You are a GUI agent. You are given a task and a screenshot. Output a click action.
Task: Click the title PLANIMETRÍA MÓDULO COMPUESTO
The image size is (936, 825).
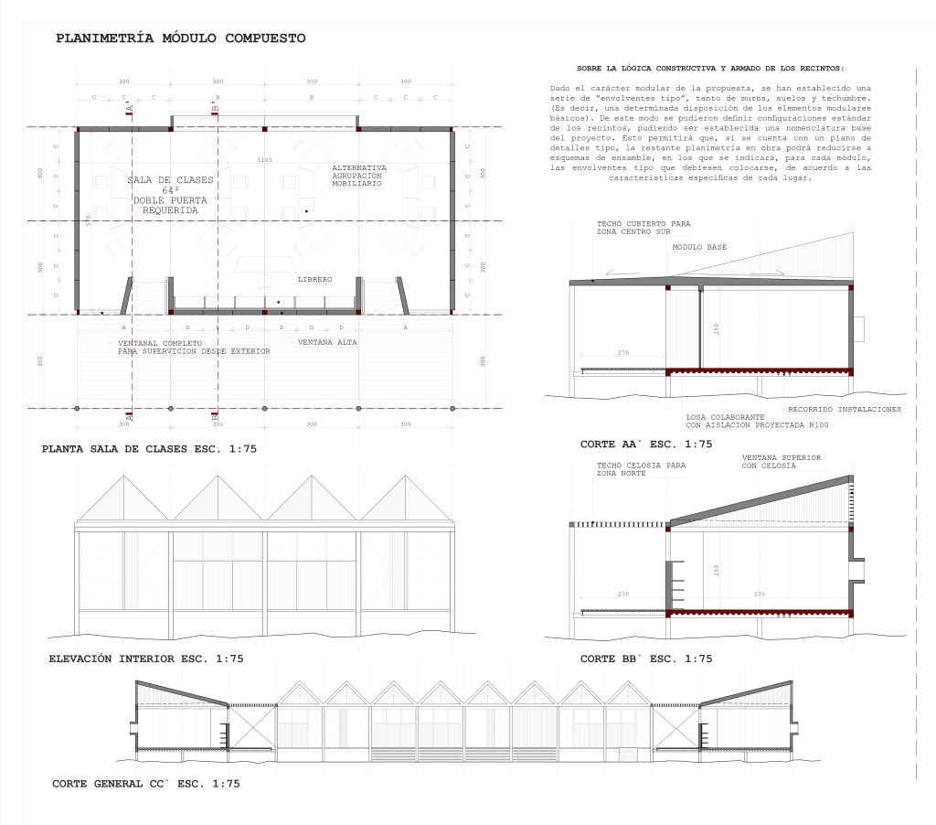[181, 38]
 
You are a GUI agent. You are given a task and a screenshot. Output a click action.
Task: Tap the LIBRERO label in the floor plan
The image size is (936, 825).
[314, 279]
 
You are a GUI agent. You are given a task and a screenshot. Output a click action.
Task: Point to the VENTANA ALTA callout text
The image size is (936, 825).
[327, 342]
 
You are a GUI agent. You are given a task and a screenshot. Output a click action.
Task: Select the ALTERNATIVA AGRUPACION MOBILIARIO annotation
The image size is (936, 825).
[359, 177]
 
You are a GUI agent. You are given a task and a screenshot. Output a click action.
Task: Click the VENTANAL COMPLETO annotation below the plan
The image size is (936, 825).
[194, 347]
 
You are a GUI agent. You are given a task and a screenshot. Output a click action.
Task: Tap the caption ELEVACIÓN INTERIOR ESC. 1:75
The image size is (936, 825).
[145, 658]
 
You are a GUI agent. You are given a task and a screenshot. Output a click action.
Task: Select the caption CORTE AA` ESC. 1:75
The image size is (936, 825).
[645, 445]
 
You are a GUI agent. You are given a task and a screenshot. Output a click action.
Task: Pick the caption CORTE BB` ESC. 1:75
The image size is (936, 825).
[645, 659]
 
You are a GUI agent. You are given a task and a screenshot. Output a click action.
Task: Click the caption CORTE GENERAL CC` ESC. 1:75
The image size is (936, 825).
[145, 784]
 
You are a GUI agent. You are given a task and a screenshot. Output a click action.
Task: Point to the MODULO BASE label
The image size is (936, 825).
[700, 248]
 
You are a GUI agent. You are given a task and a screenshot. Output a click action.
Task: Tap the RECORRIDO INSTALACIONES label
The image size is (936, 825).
[844, 409]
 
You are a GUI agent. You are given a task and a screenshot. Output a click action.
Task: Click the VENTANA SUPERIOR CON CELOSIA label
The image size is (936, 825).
[782, 461]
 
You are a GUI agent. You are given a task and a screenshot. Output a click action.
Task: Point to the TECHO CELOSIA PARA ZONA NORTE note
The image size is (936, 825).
[641, 469]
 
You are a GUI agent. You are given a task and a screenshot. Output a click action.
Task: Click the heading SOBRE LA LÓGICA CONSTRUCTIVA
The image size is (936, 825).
[711, 69]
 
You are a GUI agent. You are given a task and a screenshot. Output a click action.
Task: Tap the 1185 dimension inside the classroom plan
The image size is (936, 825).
[265, 160]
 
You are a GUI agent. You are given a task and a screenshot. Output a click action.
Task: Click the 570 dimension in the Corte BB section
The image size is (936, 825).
[760, 595]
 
